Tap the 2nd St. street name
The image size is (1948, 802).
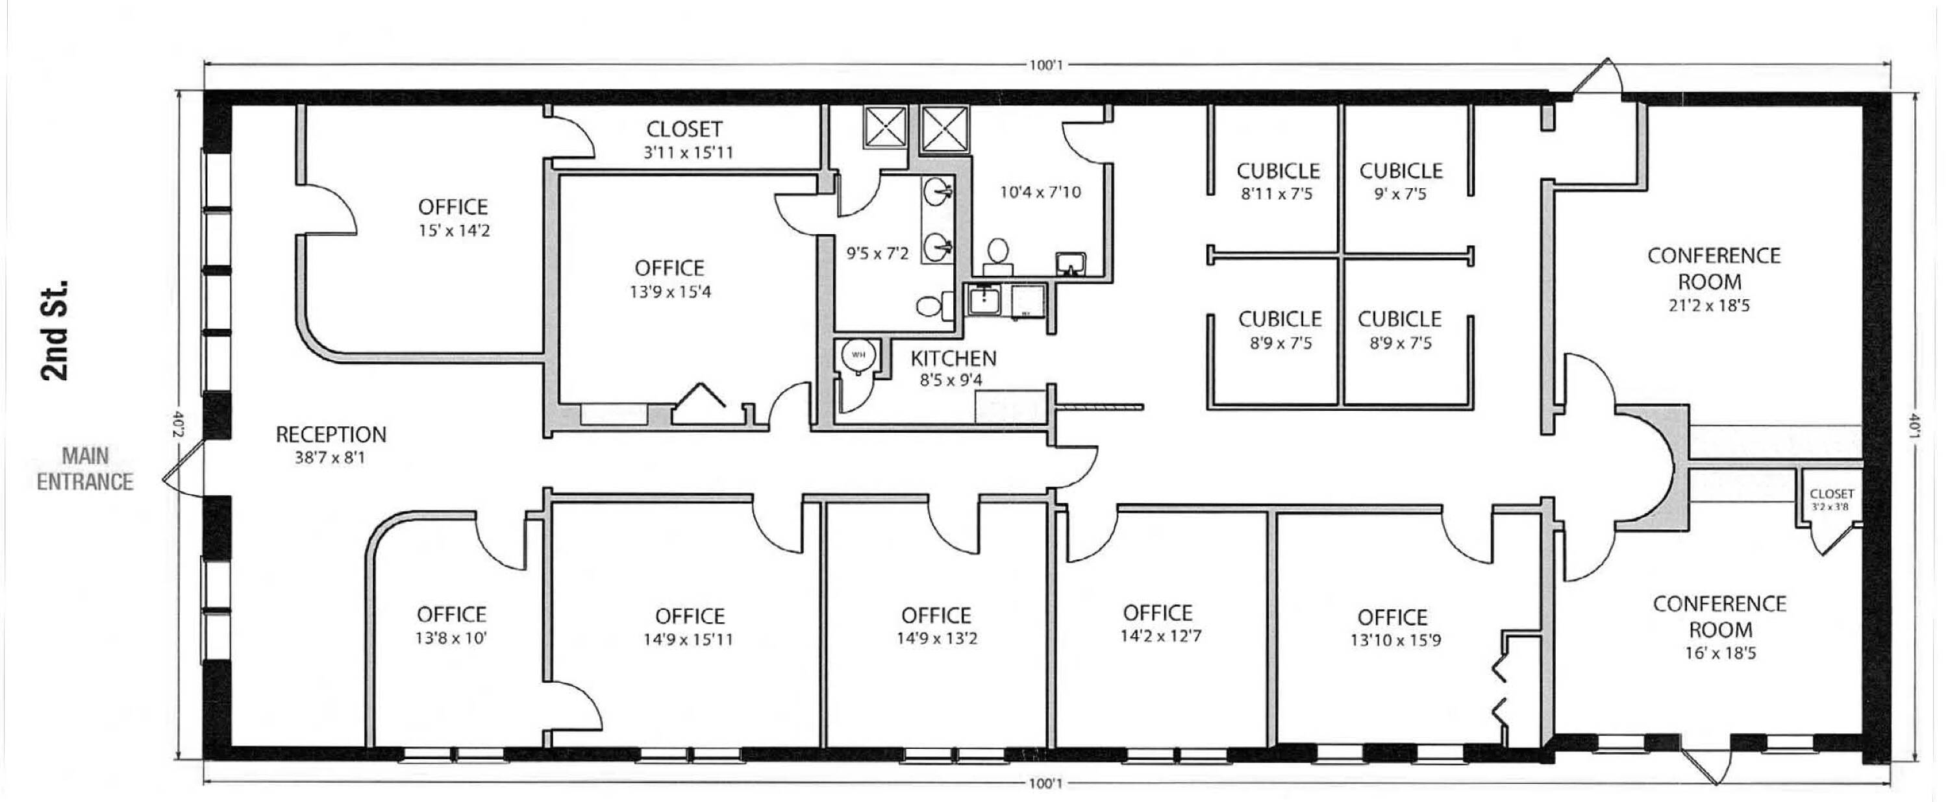coord(55,330)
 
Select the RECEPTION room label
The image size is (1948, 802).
coord(331,435)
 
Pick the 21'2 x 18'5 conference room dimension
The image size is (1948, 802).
coord(1709,306)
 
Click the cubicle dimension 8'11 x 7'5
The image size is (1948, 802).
coord(1277,194)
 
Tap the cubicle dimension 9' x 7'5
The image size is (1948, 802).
coord(1401,194)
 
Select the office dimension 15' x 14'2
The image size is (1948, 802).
coord(454,230)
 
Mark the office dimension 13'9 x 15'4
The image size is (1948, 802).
coord(670,292)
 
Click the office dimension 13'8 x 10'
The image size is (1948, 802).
coord(451,638)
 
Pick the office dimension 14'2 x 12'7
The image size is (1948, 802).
coord(1161,636)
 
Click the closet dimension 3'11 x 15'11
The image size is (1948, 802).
coord(688,152)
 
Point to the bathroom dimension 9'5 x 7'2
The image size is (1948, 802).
coord(877,254)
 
